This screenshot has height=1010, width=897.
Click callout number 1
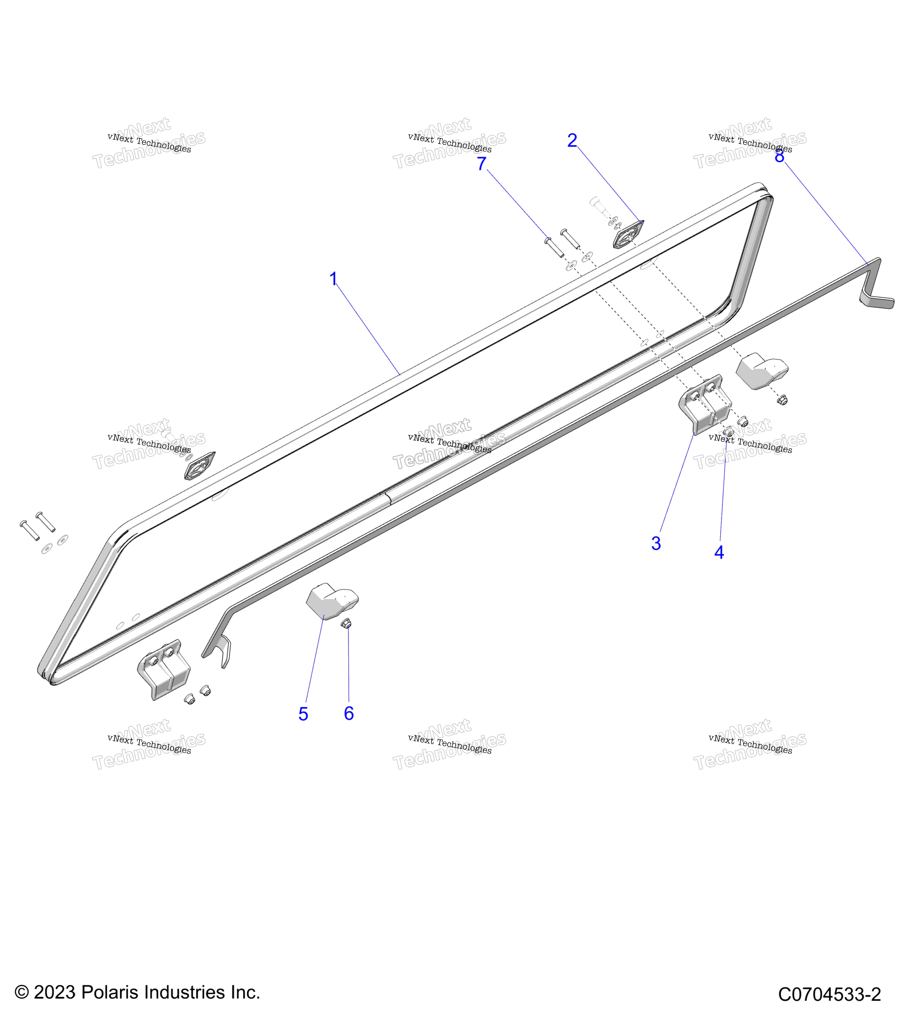click(x=333, y=279)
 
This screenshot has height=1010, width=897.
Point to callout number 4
click(x=719, y=552)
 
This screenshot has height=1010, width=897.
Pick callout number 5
click(x=303, y=714)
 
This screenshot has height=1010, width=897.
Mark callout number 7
click(x=481, y=164)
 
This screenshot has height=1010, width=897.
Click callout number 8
click(x=779, y=156)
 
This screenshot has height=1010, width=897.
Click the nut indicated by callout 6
click(x=346, y=624)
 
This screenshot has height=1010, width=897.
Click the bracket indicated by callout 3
click(x=705, y=405)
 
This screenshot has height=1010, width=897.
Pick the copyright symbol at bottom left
click(x=21, y=992)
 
